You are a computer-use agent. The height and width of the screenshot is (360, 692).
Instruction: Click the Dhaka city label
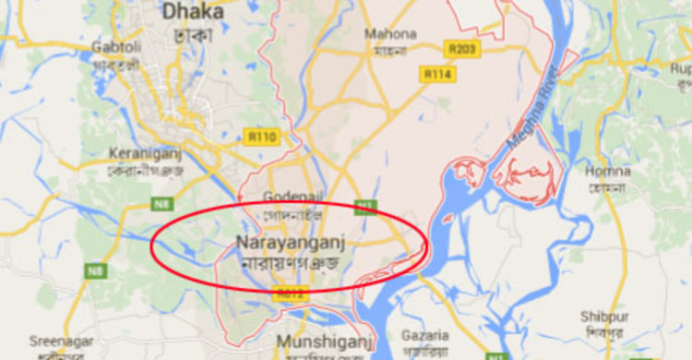[193, 12]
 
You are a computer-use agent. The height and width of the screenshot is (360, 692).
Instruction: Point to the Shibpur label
[604, 317]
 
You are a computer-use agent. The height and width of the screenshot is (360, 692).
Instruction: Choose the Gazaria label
[425, 335]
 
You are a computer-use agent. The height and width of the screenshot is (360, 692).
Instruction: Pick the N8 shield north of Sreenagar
[95, 271]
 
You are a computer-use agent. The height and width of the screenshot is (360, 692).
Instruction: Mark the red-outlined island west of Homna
[528, 179]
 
